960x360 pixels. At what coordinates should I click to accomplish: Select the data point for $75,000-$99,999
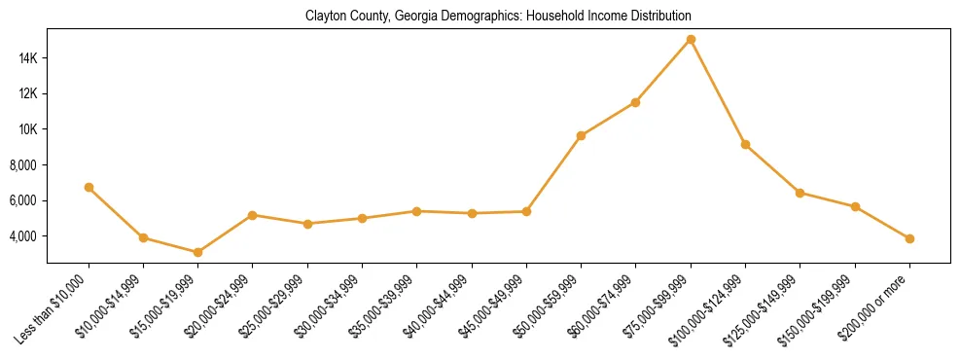coord(691,39)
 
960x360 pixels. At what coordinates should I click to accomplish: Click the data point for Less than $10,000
coord(89,187)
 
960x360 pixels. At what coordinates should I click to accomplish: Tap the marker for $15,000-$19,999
coord(198,252)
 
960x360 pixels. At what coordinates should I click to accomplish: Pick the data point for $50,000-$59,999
coord(581,135)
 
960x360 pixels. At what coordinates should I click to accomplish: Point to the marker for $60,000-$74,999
coord(635,102)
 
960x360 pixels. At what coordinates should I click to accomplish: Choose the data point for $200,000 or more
coord(909,238)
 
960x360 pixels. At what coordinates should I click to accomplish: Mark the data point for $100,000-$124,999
coord(745,144)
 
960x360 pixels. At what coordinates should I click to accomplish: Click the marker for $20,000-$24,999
coord(253,215)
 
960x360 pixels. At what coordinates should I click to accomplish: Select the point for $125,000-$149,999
coord(800,193)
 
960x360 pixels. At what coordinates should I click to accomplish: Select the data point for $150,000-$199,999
coord(855,206)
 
